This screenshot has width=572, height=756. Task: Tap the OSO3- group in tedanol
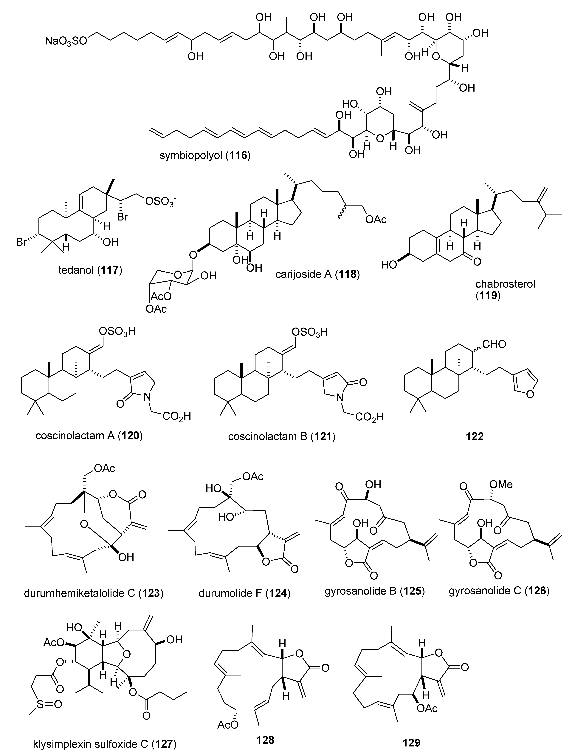pos(159,202)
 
